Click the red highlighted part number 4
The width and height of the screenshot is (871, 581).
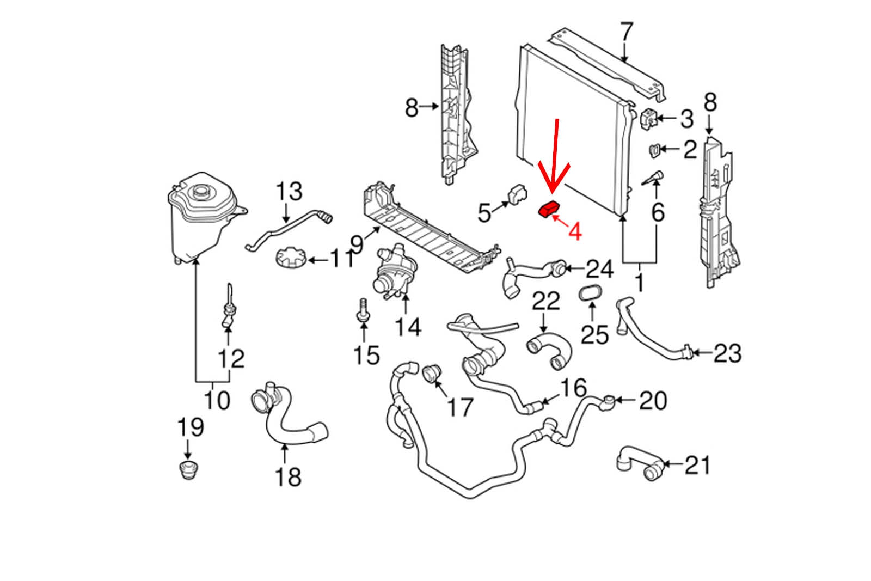click(x=549, y=209)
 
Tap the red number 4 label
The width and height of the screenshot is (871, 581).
click(x=574, y=231)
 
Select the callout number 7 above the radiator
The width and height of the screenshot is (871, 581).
click(x=627, y=32)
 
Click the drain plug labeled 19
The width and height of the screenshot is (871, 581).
click(x=188, y=469)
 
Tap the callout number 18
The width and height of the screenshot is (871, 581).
click(x=288, y=477)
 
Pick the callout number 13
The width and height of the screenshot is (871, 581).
click(x=289, y=192)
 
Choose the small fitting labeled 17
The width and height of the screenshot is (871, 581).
click(x=431, y=374)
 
